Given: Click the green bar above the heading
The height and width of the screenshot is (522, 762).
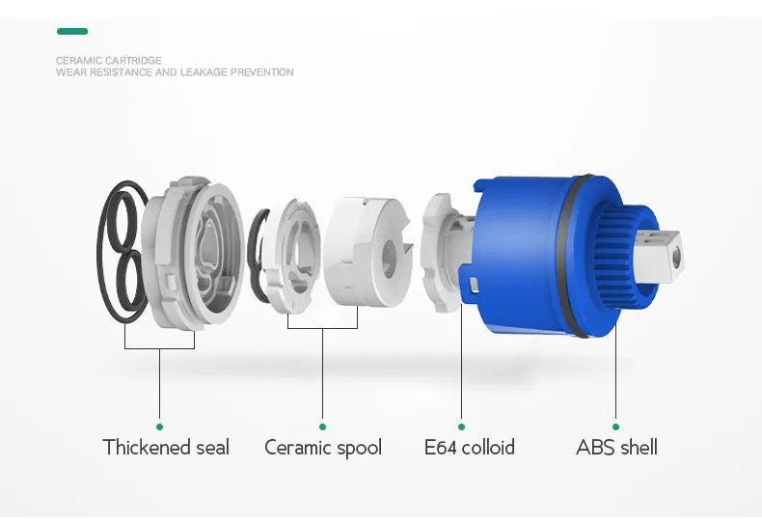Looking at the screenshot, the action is [x=72, y=32].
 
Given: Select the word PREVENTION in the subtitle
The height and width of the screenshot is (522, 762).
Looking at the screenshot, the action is [x=262, y=72].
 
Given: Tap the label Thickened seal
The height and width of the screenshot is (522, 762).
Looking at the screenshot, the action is [x=166, y=447].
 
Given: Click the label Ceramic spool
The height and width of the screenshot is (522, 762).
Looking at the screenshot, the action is [x=323, y=448].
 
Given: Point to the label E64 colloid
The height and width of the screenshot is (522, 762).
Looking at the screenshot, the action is [x=470, y=447].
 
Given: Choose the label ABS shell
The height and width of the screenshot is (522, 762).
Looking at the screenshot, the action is [x=616, y=447].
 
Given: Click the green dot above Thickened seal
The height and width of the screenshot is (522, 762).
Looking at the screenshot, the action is [x=159, y=426].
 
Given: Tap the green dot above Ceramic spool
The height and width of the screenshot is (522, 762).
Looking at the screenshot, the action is [x=323, y=426].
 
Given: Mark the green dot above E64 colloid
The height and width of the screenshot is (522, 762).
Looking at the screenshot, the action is [x=461, y=426].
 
